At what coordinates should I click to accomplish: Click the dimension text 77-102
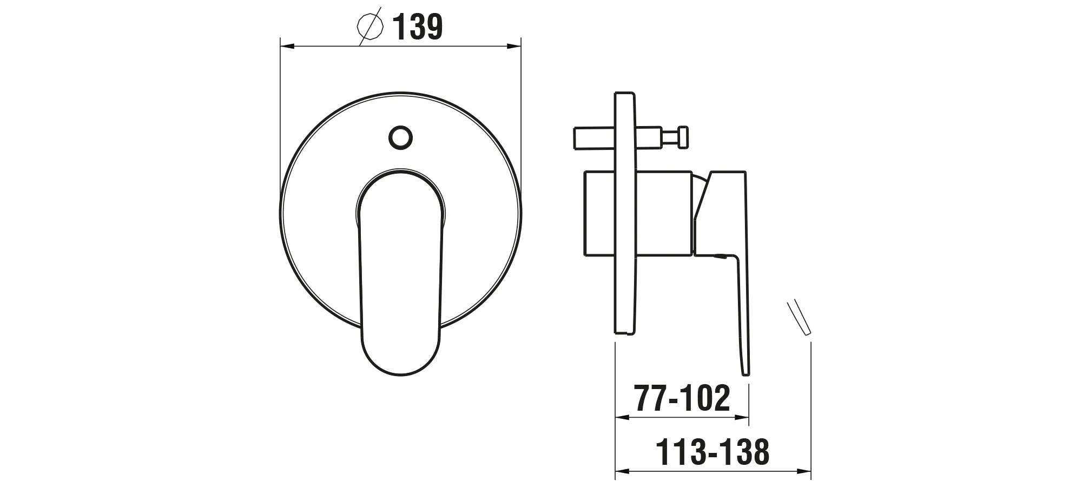[x=683, y=399]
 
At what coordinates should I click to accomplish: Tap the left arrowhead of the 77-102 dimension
[x=623, y=418]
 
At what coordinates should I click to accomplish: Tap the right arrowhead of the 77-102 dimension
[x=743, y=418]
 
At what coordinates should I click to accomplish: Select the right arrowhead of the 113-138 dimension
[x=804, y=471]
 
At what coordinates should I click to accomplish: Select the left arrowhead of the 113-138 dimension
[x=623, y=471]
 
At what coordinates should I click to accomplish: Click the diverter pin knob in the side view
[x=684, y=136]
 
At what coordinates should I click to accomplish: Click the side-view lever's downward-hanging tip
[x=745, y=363]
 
